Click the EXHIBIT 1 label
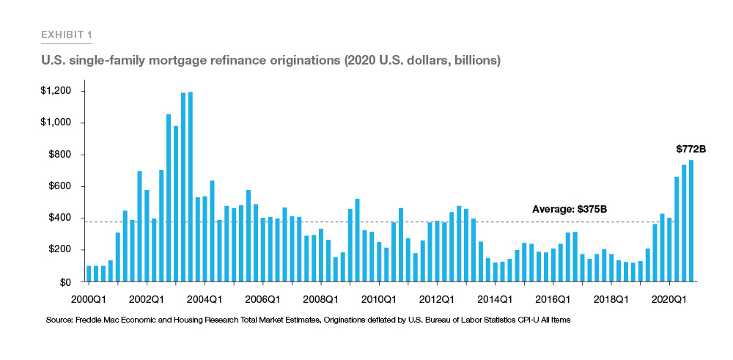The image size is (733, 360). click(66, 34)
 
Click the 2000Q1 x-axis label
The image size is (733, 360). click(88, 299)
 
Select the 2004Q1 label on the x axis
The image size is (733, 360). click(205, 299)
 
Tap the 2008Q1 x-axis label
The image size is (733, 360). click(320, 299)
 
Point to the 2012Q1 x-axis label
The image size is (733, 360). click(437, 299)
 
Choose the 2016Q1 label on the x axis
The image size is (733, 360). click(553, 299)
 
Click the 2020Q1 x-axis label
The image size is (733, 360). click(669, 299)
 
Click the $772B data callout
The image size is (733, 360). click(690, 149)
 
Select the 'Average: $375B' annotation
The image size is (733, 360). click(570, 210)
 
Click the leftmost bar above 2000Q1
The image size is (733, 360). click(89, 273)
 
